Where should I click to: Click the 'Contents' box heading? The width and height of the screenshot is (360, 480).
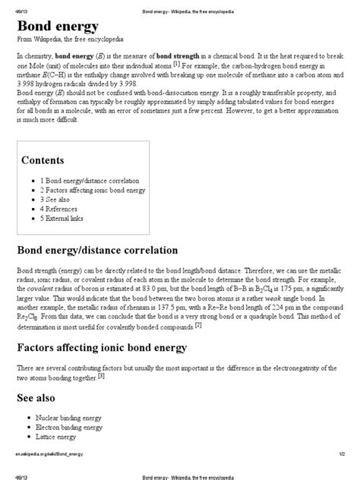coord(43,160)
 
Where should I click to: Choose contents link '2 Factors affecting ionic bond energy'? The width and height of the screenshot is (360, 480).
coord(93,191)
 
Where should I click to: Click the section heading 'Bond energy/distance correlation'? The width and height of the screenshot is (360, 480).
coord(97,250)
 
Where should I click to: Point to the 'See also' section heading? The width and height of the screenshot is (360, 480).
coord(36,396)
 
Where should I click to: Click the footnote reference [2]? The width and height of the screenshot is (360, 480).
coord(198,325)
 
